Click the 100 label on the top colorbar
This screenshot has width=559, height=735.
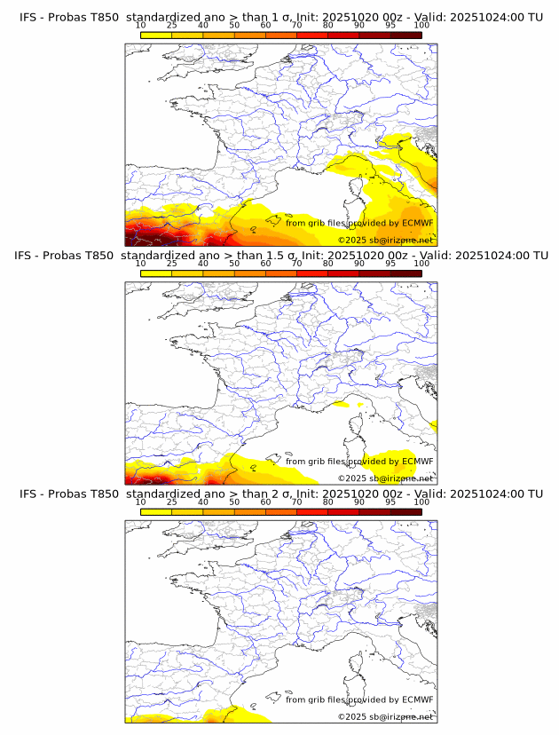click(x=421, y=24)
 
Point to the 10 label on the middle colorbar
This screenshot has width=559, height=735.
click(x=141, y=263)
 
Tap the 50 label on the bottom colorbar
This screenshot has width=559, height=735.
click(x=234, y=502)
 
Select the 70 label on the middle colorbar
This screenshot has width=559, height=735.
click(x=296, y=263)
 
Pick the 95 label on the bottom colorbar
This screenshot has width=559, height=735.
click(x=390, y=502)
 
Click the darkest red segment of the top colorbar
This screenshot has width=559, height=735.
click(x=405, y=34)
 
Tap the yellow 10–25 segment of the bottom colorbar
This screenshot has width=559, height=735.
click(x=156, y=511)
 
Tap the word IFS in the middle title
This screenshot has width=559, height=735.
click(x=29, y=255)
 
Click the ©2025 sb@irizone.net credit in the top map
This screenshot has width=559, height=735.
click(x=385, y=240)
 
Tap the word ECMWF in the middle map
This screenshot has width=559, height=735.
click(x=417, y=461)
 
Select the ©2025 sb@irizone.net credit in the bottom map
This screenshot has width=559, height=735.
click(x=385, y=716)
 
